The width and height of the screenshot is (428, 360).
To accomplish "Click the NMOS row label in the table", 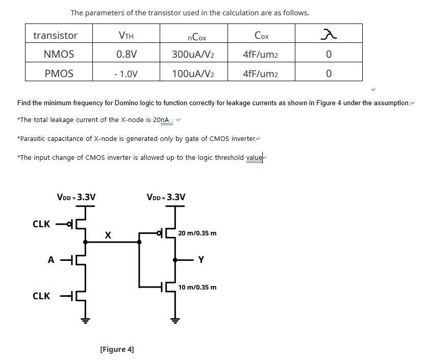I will [59, 54].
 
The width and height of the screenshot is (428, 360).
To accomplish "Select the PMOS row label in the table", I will [59, 74].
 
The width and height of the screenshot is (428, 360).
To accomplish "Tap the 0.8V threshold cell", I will [126, 54].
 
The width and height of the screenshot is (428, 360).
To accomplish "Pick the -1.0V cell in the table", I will [126, 74].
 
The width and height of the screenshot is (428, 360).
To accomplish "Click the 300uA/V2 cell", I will [193, 54].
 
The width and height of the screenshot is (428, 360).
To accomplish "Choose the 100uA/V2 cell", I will [193, 74].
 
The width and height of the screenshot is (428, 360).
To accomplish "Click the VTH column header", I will [126, 35].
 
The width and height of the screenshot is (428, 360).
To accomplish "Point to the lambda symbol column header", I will [328, 35].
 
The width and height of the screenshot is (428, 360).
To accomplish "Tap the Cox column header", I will [261, 35].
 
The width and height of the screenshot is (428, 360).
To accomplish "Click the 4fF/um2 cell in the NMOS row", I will [261, 54].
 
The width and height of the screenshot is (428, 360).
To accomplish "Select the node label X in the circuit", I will [108, 235].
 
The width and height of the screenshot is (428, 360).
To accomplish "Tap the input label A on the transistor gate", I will [51, 260].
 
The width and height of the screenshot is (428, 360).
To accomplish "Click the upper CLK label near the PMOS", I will [41, 224].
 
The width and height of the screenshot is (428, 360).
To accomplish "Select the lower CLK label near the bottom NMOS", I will [41, 296].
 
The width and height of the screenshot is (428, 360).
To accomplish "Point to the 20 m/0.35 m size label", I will [197, 233].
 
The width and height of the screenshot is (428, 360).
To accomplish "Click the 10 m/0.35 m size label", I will [197, 287].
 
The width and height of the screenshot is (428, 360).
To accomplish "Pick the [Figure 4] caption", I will [117, 349].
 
